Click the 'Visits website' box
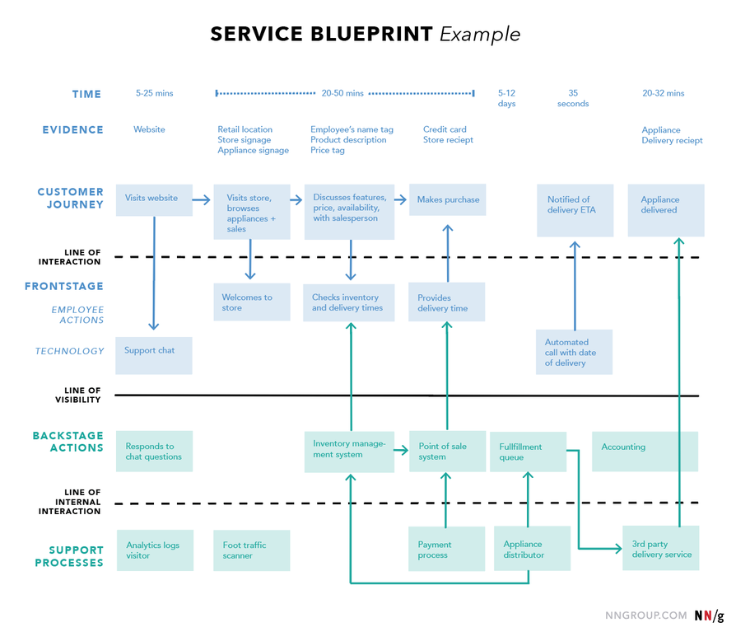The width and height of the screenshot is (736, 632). tap(154, 199)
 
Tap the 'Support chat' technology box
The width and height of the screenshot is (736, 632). tap(154, 355)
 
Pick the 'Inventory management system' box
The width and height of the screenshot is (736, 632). tap(349, 451)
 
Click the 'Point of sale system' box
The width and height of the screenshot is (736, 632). tap(447, 451)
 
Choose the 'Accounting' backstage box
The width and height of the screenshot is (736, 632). tap(645, 451)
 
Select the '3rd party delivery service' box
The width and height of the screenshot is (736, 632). tap(661, 549)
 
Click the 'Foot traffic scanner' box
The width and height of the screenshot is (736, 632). tap(251, 550)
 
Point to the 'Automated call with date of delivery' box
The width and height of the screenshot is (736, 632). tap(575, 352)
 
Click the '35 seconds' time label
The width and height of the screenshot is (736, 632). tap(573, 98)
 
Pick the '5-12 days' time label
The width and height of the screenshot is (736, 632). tap(507, 98)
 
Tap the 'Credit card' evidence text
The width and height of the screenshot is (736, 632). tap(445, 129)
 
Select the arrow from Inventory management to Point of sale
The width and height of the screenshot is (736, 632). tap(401, 450)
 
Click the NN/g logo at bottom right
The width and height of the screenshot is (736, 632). tap(709, 615)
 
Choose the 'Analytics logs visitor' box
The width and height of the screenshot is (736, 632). tap(155, 550)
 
